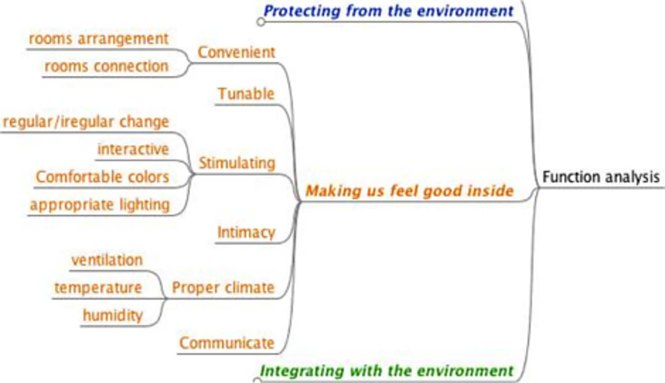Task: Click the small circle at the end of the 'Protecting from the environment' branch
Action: tap(261, 22)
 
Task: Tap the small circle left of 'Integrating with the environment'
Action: tap(257, 380)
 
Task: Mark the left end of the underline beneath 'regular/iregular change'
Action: tap(1, 133)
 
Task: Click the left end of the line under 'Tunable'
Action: tap(215, 105)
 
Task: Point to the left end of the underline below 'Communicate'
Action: tap(177, 354)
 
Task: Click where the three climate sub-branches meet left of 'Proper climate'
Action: tap(166, 299)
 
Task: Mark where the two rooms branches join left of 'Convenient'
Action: tap(190, 63)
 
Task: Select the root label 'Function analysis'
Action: tap(601, 177)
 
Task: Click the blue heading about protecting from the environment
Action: tap(388, 11)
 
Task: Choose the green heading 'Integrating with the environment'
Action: tap(387, 371)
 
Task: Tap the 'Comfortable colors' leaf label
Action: tap(102, 177)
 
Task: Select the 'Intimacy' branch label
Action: tap(246, 233)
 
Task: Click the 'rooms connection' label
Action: tap(106, 66)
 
